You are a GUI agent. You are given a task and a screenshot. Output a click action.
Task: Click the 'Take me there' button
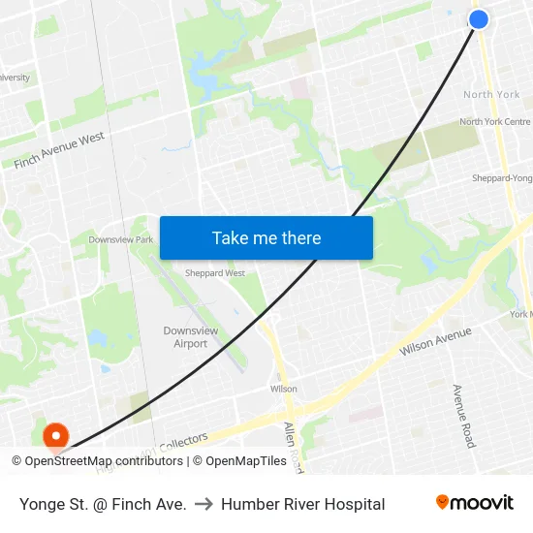click(x=266, y=237)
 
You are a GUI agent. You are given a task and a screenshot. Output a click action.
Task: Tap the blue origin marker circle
click(x=479, y=18)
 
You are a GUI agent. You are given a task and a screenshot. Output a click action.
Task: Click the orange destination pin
click(x=55, y=437)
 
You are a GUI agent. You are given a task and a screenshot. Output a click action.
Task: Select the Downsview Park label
click(x=121, y=239)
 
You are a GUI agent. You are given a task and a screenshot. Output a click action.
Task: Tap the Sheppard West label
click(x=215, y=273)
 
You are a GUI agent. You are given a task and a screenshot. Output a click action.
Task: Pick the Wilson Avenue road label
click(x=435, y=340)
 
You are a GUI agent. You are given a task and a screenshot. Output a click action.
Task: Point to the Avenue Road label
click(x=463, y=415)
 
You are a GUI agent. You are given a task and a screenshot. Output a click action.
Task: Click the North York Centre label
click(x=494, y=122)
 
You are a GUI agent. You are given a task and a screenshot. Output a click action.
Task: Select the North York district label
click(x=491, y=95)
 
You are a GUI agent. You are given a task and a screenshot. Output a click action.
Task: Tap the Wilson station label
click(x=284, y=389)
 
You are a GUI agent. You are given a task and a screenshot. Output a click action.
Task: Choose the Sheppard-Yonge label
click(x=501, y=178)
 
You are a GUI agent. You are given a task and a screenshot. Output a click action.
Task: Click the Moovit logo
click(x=474, y=503)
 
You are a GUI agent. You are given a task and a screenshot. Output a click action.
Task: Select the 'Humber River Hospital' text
click(x=302, y=504)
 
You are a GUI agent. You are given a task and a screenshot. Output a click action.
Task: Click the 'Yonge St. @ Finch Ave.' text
click(x=103, y=504)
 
